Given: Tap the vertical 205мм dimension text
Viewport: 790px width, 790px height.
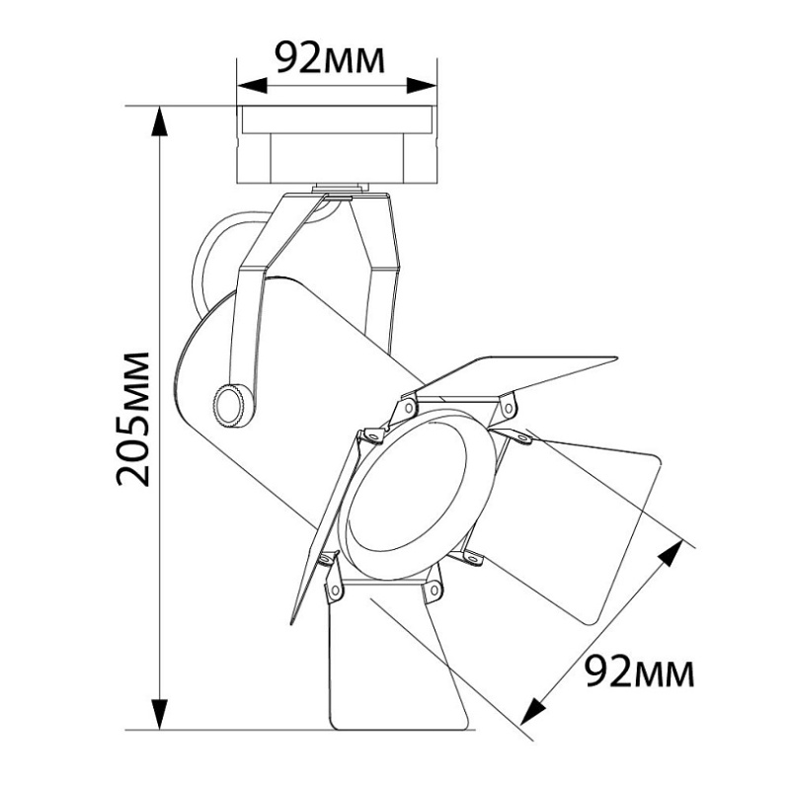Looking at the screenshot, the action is (133, 419).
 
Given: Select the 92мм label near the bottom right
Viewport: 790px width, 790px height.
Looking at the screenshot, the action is (640, 671).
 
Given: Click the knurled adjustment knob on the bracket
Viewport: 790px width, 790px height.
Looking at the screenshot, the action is (233, 405).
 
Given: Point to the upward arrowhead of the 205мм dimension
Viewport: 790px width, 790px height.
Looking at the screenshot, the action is (160, 121).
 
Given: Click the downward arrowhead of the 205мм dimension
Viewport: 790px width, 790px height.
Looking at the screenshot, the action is (160, 714).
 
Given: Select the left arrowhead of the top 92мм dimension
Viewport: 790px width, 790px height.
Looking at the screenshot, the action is (252, 86).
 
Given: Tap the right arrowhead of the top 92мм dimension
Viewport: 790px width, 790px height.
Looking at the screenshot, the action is (422, 86).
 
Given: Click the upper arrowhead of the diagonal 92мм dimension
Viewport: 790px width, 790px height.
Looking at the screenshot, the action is (671, 553).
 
